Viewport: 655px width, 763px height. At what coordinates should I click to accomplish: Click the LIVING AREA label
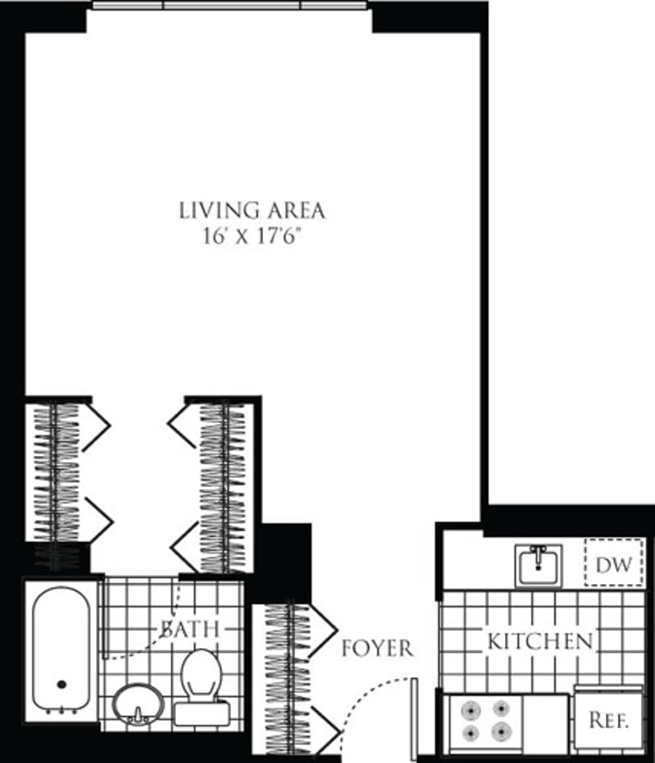[252, 210]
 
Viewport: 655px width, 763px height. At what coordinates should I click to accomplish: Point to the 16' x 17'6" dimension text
[252, 236]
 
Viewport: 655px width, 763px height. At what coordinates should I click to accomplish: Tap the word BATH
[190, 629]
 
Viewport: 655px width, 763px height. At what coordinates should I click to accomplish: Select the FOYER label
[377, 648]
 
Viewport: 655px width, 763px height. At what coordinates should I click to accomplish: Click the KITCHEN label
[540, 641]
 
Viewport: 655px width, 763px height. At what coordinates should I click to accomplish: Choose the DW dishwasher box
[612, 564]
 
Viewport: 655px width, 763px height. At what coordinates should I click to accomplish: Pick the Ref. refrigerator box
[608, 720]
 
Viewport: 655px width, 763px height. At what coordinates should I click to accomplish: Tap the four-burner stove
[483, 720]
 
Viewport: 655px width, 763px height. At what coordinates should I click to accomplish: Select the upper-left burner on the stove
[471, 709]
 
